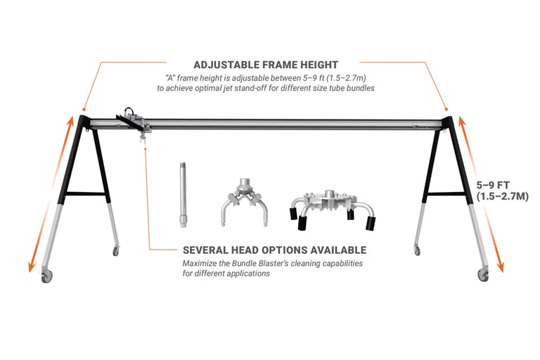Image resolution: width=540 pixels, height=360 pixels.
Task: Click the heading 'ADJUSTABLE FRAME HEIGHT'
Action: pyautogui.click(x=266, y=65)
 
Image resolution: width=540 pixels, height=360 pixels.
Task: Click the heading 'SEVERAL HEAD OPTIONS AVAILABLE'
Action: pyautogui.click(x=274, y=250)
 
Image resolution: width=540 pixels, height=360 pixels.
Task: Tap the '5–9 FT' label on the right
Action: pyautogui.click(x=493, y=185)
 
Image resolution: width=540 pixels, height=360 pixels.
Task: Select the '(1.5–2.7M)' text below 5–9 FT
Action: pyautogui.click(x=502, y=196)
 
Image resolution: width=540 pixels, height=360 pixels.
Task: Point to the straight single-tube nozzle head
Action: pyautogui.click(x=183, y=195)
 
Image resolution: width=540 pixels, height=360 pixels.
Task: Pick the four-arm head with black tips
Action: pyautogui.click(x=333, y=209)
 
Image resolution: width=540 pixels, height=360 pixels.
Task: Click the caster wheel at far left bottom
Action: pyautogui.click(x=47, y=276)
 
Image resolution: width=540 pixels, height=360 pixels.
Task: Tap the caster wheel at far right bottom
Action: pyautogui.click(x=483, y=275)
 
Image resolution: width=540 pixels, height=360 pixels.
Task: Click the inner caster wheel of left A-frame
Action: pyautogui.click(x=116, y=251)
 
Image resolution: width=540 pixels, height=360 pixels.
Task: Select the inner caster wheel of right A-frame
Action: pyautogui.click(x=418, y=250)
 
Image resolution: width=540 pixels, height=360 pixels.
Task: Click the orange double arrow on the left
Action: pyautogui.click(x=51, y=194)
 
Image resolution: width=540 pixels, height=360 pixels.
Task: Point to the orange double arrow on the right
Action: pyautogui.click(x=481, y=194)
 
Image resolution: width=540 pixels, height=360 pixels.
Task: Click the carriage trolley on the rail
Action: pyautogui.click(x=135, y=120)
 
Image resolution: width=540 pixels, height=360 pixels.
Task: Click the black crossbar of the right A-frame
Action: pyautogui.click(x=446, y=194)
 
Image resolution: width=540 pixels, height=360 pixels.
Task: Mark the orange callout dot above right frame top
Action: pyautogui.click(x=446, y=109)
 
